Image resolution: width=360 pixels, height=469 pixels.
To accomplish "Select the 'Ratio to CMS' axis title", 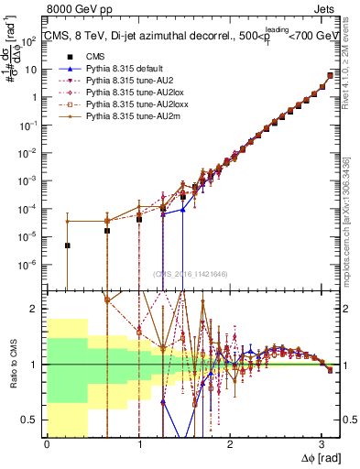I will (x=12, y=365).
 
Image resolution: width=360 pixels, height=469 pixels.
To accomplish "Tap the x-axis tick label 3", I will (x=322, y=444).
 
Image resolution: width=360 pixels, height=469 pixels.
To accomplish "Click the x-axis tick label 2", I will (x=230, y=444).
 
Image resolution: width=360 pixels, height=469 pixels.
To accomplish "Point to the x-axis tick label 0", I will (x=47, y=444).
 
